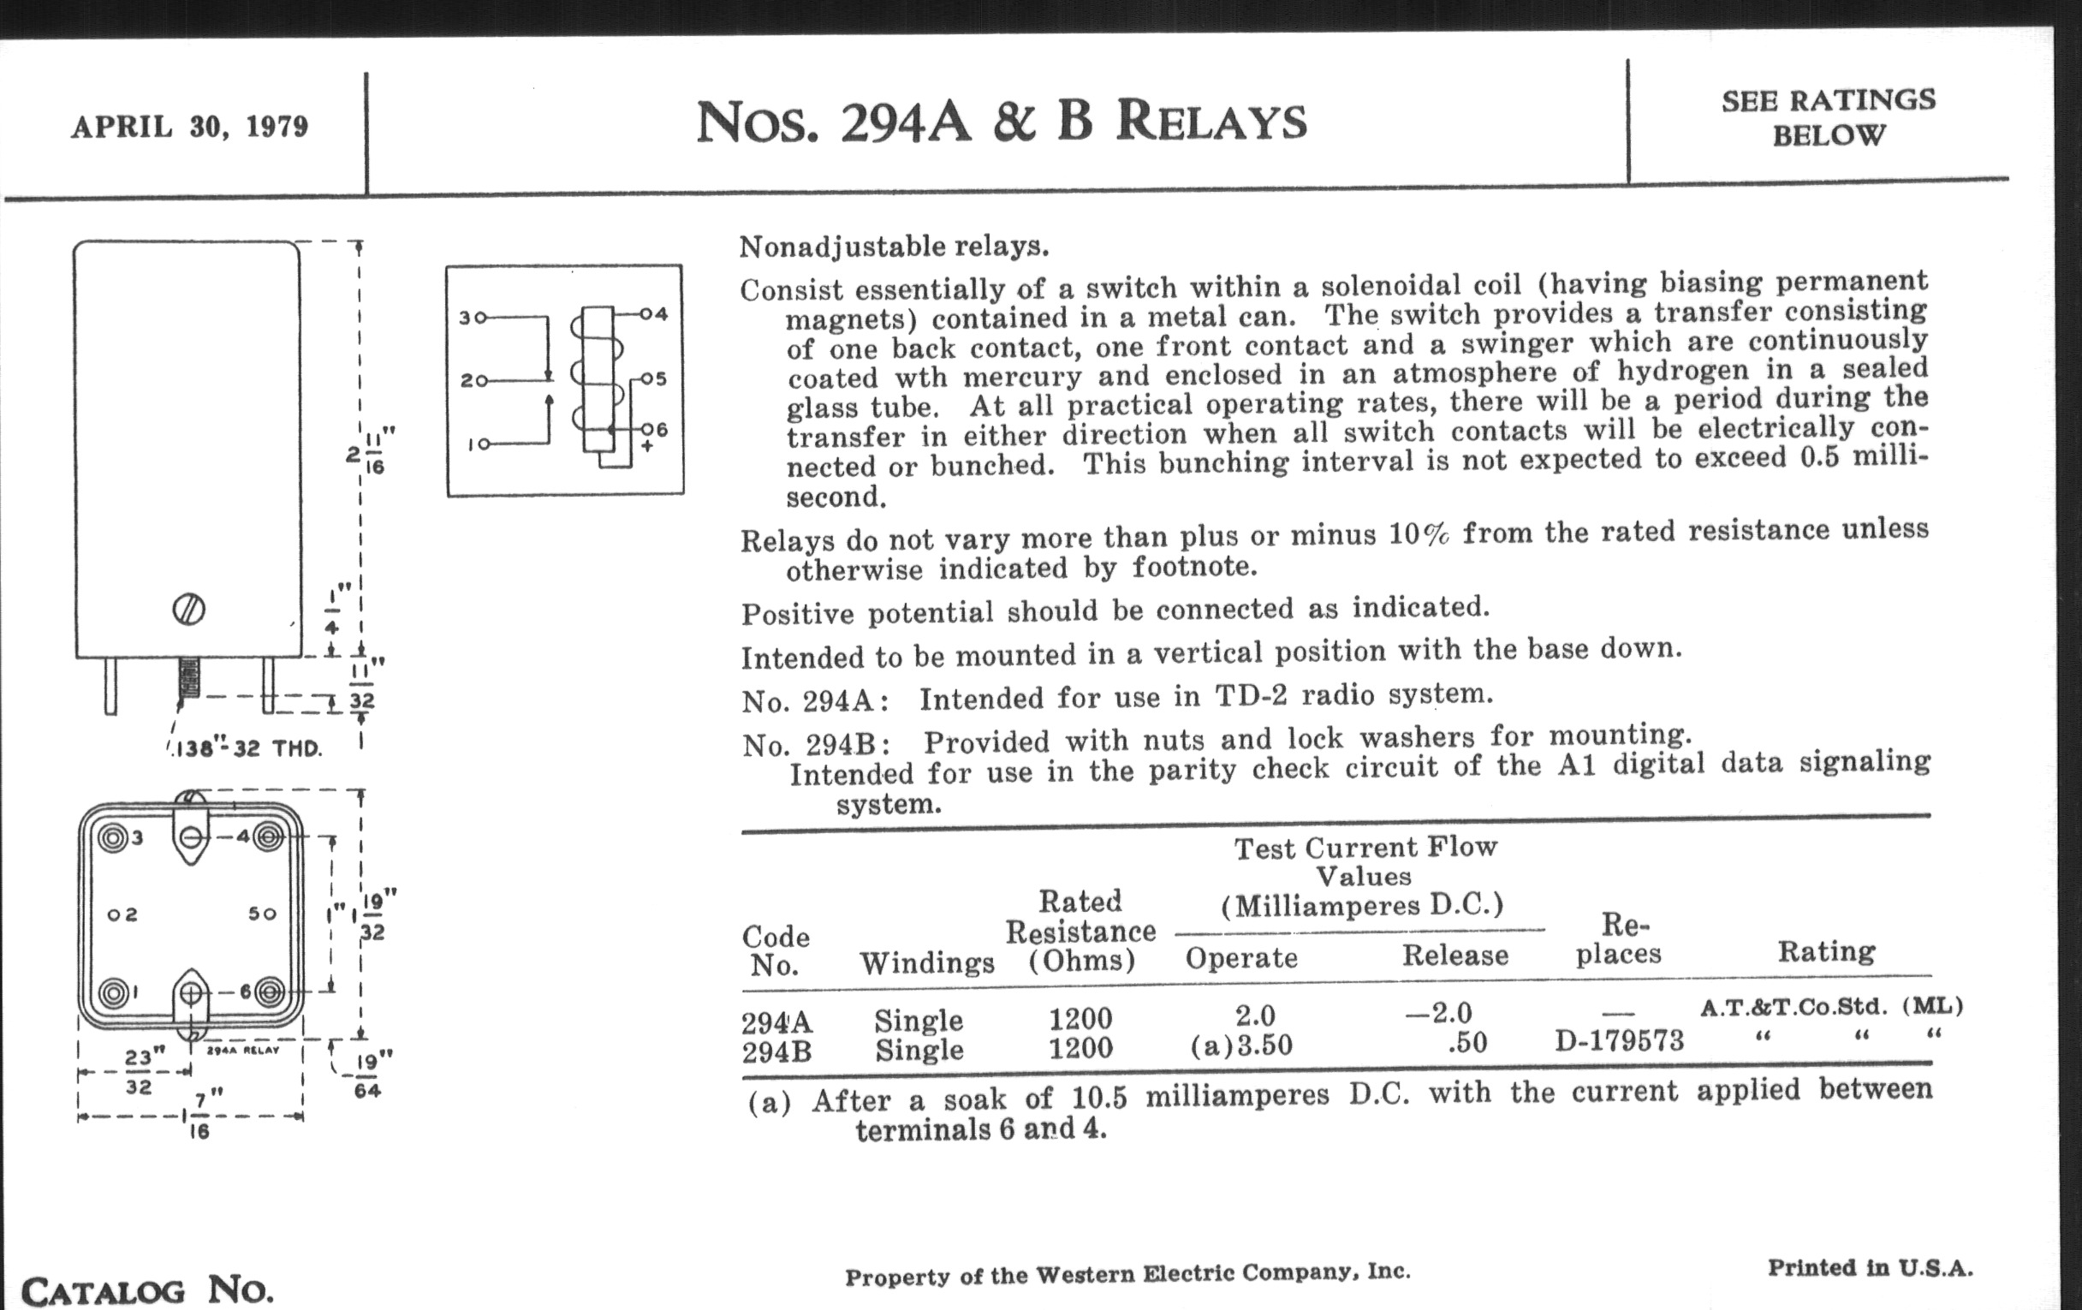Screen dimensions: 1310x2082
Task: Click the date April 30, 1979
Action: coord(189,127)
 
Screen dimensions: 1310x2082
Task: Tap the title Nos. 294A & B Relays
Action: coord(1001,122)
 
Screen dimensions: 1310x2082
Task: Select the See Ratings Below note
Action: coord(1828,117)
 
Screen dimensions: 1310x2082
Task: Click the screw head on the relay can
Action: coord(188,610)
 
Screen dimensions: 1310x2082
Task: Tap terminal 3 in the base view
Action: coord(113,837)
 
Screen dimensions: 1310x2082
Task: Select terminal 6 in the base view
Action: coord(269,991)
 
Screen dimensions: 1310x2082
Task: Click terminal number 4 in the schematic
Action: coord(662,314)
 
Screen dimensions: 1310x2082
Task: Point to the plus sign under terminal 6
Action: coord(646,446)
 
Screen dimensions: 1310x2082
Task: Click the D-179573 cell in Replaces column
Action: coord(1619,1040)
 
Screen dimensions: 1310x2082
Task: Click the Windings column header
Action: coord(926,962)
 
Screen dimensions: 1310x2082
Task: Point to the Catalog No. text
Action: coord(147,1290)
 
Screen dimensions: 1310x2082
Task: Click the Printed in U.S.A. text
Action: coord(1870,1269)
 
